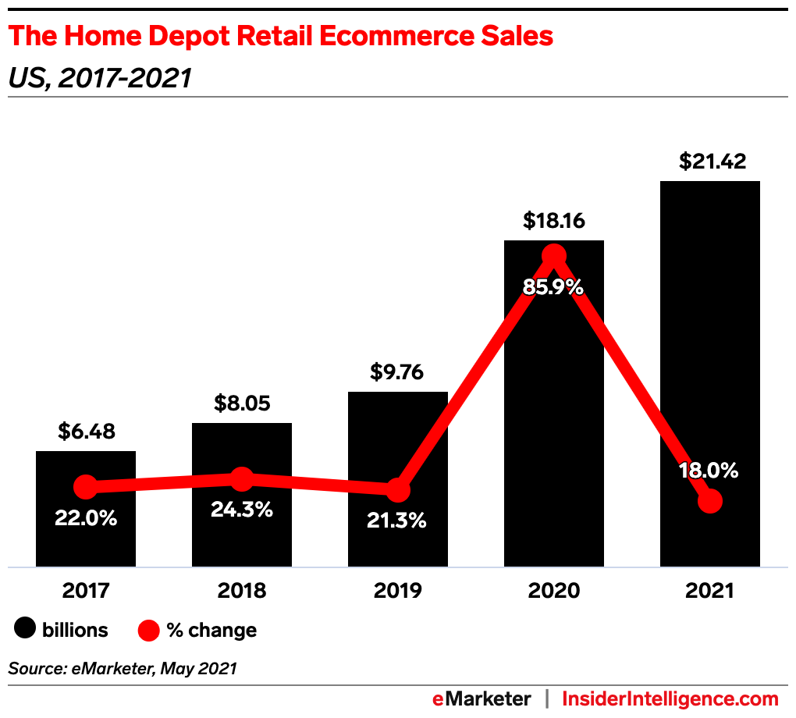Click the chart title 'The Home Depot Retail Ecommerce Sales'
pyautogui.click(x=280, y=37)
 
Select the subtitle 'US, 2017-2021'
pyautogui.click(x=99, y=78)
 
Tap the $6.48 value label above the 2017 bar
pyautogui.click(x=86, y=431)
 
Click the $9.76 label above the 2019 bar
pyautogui.click(x=398, y=371)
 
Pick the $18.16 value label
pyautogui.click(x=553, y=220)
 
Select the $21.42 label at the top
pyautogui.click(x=712, y=162)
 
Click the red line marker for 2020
pyautogui.click(x=554, y=255)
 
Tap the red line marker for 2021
pyautogui.click(x=709, y=501)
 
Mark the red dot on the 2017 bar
pyautogui.click(x=86, y=487)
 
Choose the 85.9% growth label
pyautogui.click(x=553, y=286)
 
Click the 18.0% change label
pyautogui.click(x=709, y=471)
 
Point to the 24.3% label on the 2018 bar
pyautogui.click(x=242, y=510)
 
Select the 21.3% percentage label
pyautogui.click(x=397, y=521)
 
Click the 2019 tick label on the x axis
pyautogui.click(x=398, y=591)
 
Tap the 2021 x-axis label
pyautogui.click(x=709, y=591)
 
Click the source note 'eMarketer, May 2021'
pyautogui.click(x=123, y=668)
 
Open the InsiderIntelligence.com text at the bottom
pyautogui.click(x=670, y=698)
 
